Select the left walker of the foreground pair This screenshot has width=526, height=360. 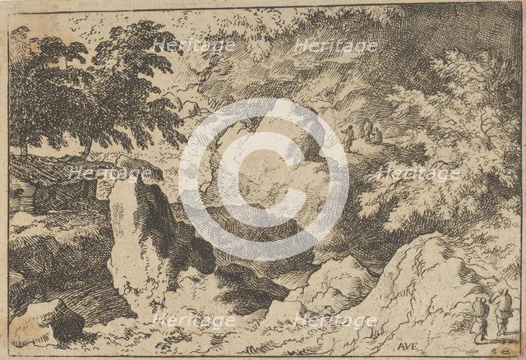pos(480,316)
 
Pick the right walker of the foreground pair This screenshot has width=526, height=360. pos(502,312)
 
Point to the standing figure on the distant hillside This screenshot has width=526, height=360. pos(348,137)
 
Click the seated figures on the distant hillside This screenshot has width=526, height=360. pos(372,133)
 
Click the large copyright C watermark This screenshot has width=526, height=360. pos(264,179)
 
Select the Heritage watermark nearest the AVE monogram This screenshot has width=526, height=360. pos(337,321)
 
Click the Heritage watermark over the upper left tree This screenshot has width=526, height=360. pos(194,46)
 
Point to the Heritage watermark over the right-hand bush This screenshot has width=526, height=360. pos(419,173)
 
